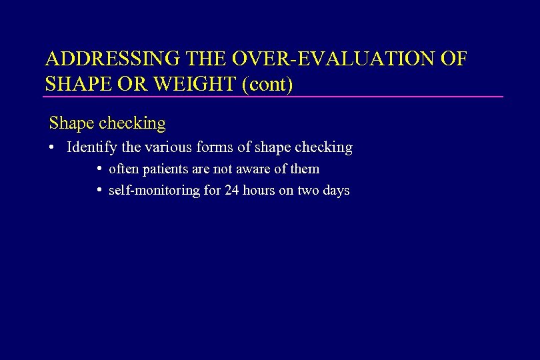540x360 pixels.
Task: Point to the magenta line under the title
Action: pyautogui.click(x=273, y=97)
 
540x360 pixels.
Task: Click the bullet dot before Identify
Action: pyautogui.click(x=51, y=147)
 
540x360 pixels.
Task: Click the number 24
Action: pyautogui.click(x=231, y=191)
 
